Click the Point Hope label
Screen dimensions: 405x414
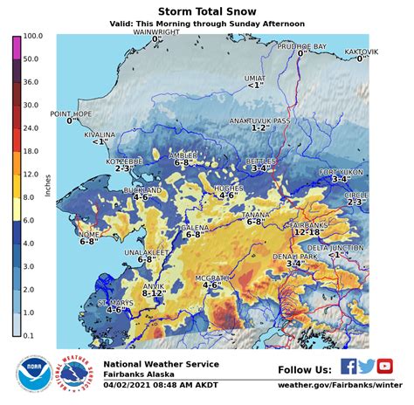[x=71, y=113]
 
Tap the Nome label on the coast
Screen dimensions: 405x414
[x=88, y=234]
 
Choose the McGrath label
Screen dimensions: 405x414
[x=210, y=277]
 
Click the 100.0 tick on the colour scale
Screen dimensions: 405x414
[x=31, y=38]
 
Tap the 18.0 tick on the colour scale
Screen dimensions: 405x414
[x=31, y=151]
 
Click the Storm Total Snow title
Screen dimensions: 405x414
[x=206, y=11]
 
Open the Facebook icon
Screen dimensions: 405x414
[x=348, y=367]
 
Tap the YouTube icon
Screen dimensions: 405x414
[x=384, y=367]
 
